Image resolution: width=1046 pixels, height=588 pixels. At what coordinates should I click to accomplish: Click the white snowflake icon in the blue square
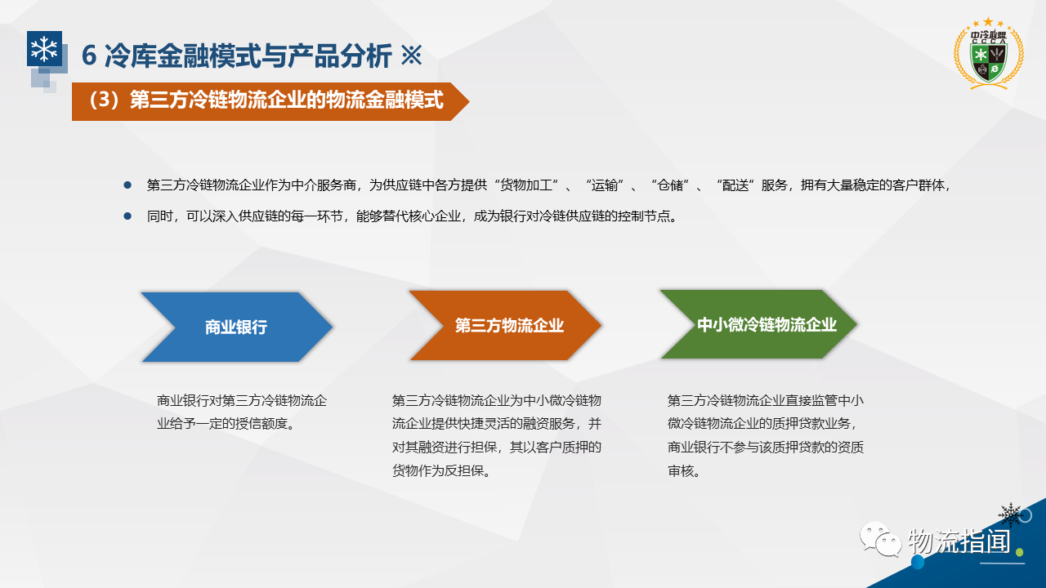(44, 49)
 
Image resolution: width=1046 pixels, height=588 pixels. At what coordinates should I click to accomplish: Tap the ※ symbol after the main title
(411, 56)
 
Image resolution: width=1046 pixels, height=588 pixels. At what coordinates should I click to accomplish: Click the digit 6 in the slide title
(89, 56)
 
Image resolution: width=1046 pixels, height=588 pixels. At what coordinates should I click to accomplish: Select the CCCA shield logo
(989, 54)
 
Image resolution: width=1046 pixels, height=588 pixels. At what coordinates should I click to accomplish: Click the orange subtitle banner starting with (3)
(270, 101)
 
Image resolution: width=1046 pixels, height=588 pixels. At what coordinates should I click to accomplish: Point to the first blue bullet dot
(127, 185)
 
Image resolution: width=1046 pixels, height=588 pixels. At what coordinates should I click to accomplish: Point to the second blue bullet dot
(127, 216)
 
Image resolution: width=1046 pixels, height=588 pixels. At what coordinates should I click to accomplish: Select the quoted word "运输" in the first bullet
(604, 185)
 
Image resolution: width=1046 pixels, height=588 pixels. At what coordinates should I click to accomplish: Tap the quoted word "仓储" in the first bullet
(669, 185)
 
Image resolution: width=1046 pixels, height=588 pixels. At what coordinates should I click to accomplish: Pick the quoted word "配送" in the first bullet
(735, 185)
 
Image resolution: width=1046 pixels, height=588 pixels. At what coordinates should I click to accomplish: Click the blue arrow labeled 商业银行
(237, 327)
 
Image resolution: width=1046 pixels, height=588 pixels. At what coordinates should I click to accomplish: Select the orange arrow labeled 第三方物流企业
(505, 325)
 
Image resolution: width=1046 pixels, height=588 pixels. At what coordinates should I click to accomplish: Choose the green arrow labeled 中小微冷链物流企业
(758, 324)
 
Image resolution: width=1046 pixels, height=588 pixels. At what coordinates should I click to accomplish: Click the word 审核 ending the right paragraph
(681, 471)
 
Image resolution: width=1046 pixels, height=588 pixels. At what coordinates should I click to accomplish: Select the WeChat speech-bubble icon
(881, 539)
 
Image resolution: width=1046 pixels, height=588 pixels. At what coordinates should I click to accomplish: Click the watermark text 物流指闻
(959, 541)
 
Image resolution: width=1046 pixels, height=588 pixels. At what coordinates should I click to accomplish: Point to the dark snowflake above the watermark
(1011, 514)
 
